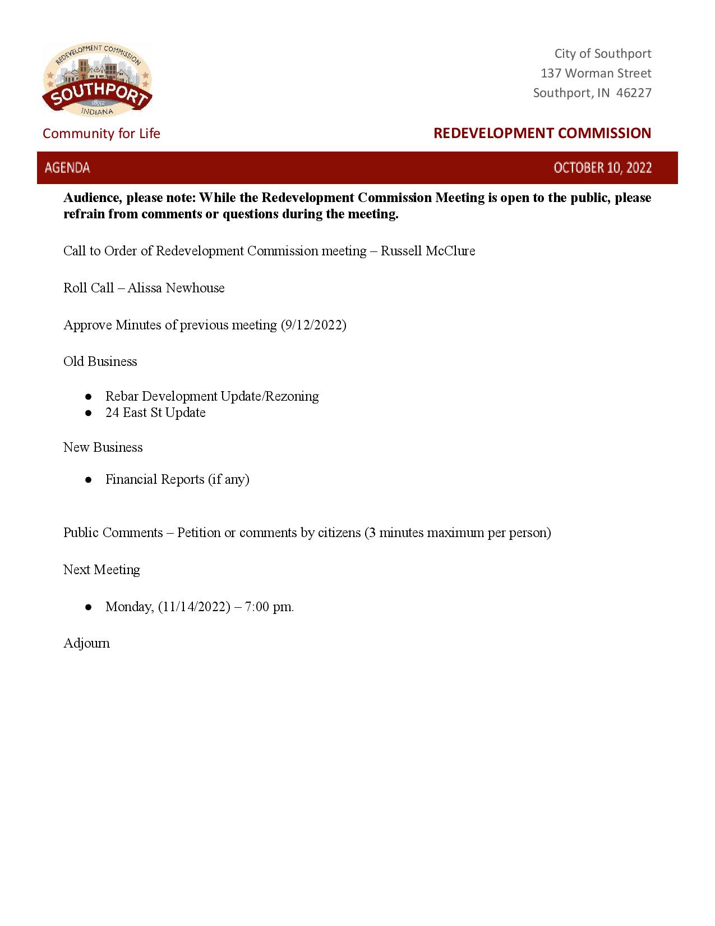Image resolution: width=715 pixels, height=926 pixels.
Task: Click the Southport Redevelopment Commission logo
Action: [97, 80]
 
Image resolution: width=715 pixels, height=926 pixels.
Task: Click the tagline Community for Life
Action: [102, 134]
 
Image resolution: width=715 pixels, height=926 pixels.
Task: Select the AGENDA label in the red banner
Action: [67, 168]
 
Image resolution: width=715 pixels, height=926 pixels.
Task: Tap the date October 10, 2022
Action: [602, 168]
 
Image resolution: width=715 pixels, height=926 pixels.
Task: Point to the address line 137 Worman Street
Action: [596, 73]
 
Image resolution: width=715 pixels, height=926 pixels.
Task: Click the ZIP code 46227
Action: [634, 93]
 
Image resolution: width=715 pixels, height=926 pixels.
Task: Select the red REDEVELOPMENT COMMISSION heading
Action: [542, 133]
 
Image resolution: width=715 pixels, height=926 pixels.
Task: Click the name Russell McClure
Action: [428, 251]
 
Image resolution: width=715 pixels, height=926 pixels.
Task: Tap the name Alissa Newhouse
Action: [176, 288]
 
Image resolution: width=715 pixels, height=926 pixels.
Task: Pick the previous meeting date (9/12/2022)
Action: [313, 325]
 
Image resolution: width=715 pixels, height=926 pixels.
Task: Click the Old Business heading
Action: [100, 361]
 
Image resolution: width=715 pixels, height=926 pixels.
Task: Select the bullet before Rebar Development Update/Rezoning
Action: [89, 397]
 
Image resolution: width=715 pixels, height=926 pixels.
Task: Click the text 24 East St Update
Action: [155, 412]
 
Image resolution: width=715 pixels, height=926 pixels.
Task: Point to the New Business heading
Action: [103, 447]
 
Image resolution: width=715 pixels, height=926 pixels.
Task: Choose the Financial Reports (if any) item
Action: [177, 479]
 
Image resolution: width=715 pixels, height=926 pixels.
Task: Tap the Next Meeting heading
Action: [102, 570]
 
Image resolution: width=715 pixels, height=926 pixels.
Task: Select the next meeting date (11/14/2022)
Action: [194, 607]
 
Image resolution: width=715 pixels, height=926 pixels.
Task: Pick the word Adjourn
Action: [86, 643]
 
